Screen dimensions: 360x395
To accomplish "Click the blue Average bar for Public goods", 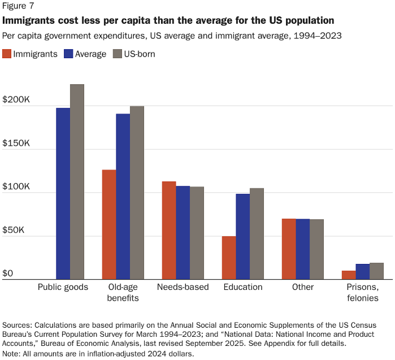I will [63, 193].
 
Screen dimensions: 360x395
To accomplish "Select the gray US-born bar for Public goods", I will [77, 181].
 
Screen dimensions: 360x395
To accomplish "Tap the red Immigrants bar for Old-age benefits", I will [109, 224].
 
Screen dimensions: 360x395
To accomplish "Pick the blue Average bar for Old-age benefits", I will [123, 196].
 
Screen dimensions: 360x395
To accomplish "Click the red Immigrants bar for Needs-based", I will [169, 230].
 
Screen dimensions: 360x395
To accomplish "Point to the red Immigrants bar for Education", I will [229, 258].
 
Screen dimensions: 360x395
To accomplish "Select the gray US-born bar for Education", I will [257, 233].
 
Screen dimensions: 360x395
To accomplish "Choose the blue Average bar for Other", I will [303, 249].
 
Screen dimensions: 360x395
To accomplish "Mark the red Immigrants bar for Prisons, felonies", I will [349, 275].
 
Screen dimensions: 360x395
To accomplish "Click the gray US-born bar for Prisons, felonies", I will [377, 271].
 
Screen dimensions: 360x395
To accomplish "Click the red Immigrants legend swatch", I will [7, 54].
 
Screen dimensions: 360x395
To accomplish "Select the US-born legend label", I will [140, 54].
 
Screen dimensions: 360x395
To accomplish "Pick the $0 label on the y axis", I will [7, 274].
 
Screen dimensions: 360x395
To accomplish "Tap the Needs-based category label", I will [183, 287].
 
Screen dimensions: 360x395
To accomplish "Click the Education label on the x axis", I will [243, 287].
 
